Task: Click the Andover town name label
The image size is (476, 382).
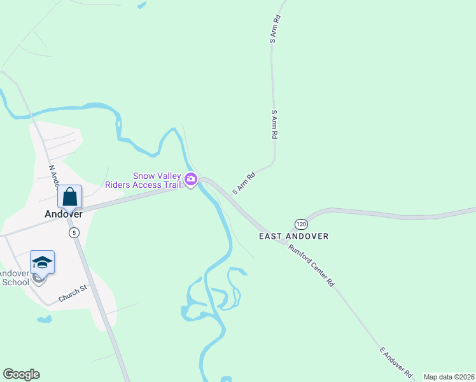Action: (64, 215)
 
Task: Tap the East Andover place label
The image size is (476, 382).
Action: (293, 236)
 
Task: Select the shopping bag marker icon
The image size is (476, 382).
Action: (70, 197)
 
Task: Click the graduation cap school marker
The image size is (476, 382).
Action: (42, 262)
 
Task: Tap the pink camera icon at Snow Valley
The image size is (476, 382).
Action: (190, 181)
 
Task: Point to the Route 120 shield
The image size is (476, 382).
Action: (301, 224)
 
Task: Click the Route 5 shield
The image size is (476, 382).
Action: (74, 232)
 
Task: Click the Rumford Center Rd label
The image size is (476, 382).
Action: (311, 265)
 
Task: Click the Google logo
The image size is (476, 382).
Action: (21, 374)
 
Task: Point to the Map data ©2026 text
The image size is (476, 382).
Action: (449, 377)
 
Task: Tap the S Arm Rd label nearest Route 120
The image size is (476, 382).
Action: (244, 183)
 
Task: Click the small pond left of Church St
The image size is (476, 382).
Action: (44, 319)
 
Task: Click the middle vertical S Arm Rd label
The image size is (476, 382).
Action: (275, 125)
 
